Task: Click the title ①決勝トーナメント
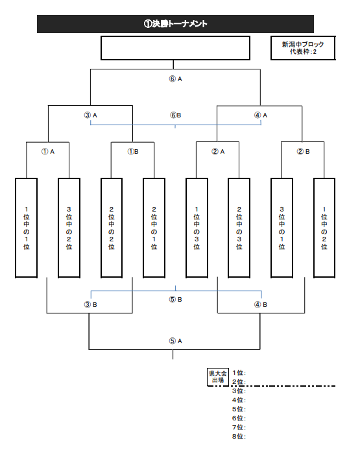click(175, 24)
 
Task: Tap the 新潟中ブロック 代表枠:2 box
click(303, 48)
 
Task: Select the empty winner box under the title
click(175, 48)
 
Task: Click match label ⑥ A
click(175, 79)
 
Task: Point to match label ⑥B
click(175, 115)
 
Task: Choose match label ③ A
click(90, 115)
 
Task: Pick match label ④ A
click(261, 115)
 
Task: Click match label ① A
click(48, 152)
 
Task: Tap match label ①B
click(133, 152)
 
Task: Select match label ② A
click(218, 152)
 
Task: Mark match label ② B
click(303, 152)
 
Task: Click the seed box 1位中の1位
click(27, 228)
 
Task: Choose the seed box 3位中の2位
click(69, 228)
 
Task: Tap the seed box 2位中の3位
click(239, 228)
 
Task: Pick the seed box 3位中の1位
click(282, 228)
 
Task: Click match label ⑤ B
click(175, 300)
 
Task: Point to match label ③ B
click(90, 305)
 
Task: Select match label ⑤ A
click(175, 341)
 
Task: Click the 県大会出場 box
click(218, 377)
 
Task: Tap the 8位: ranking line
click(239, 436)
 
